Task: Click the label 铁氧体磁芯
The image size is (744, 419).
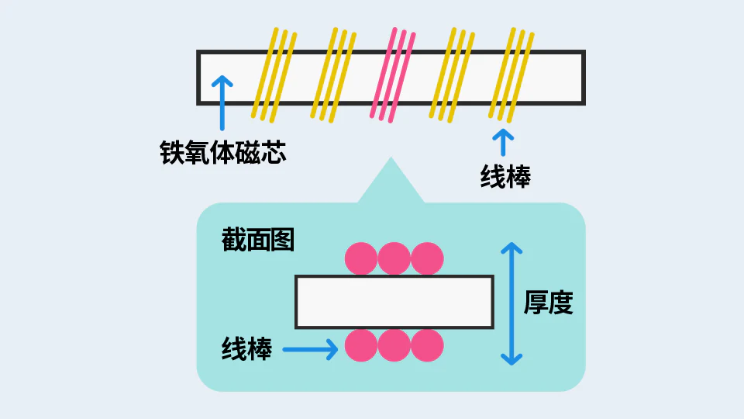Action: point(222,153)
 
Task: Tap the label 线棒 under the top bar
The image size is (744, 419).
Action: point(505,176)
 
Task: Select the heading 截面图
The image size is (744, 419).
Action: point(257,240)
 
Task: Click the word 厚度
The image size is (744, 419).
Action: point(548,302)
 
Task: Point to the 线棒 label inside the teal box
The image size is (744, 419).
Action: point(246,348)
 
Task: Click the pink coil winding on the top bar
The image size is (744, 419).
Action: point(393,75)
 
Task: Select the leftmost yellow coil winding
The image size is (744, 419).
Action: point(274,75)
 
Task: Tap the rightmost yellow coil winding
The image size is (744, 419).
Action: point(511,75)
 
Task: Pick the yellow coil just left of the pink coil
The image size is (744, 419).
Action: point(333,75)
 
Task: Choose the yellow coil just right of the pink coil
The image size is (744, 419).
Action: point(452,75)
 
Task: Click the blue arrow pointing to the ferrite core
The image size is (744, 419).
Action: point(222,102)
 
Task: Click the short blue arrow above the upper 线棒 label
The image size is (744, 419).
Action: point(503,142)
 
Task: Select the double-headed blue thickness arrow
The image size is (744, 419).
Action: point(511,303)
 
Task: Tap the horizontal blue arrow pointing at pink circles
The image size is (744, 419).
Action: point(310,349)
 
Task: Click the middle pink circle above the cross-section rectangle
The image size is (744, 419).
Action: point(394,258)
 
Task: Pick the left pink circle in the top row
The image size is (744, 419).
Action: point(361,258)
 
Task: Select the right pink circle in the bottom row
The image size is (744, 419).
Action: point(427,345)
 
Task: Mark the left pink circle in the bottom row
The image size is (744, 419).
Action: point(361,345)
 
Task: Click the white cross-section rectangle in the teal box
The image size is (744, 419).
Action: point(394,302)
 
